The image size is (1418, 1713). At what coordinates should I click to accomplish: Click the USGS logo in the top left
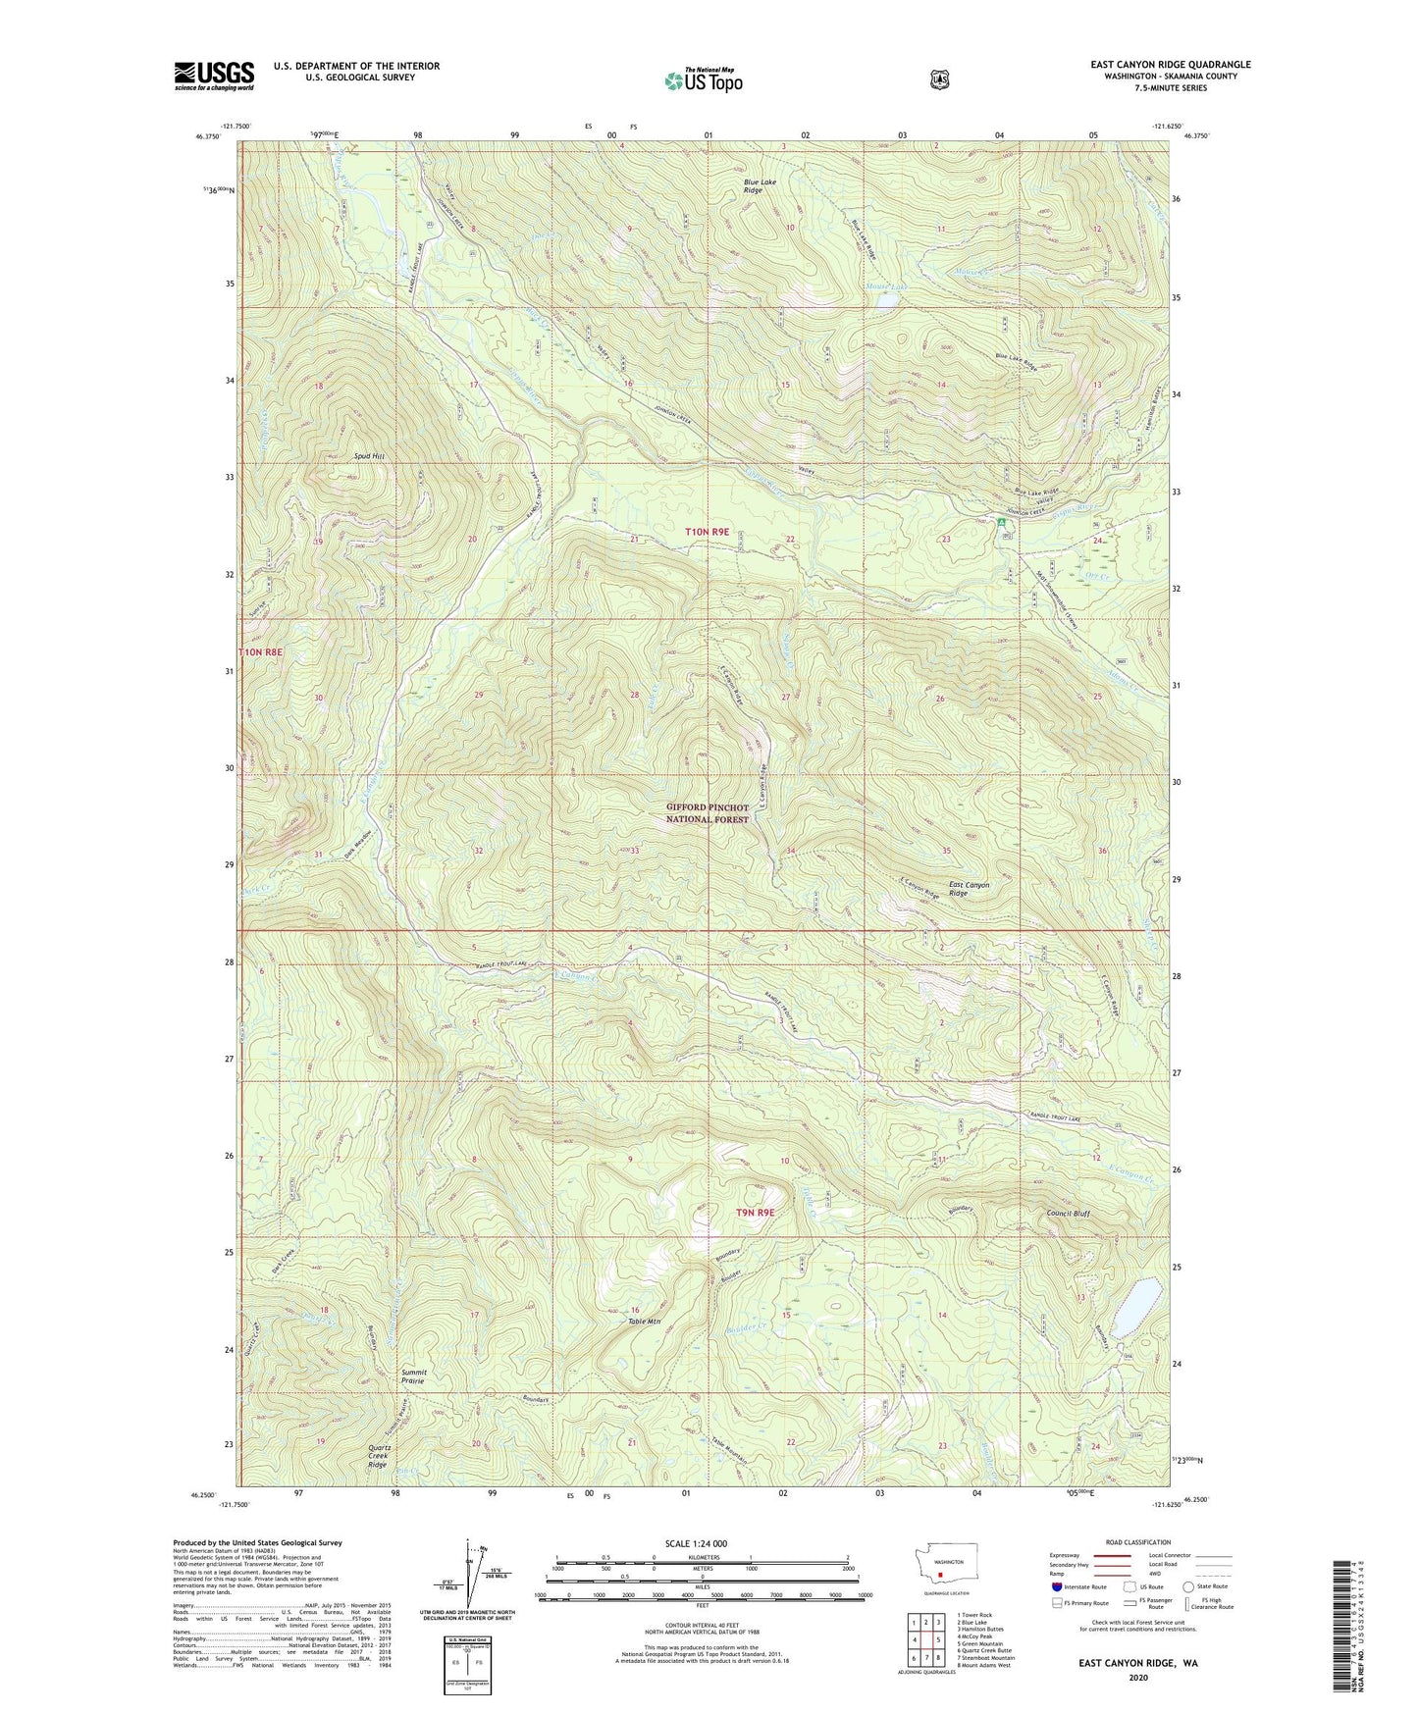click(214, 76)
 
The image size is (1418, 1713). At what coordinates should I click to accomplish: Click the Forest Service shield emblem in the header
click(939, 79)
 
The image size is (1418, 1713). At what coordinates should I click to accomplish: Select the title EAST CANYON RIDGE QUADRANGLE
click(1170, 65)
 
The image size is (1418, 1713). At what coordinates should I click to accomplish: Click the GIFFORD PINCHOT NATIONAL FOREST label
click(707, 813)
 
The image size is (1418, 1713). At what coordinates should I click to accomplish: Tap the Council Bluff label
click(1068, 1213)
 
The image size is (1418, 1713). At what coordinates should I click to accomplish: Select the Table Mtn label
click(648, 1321)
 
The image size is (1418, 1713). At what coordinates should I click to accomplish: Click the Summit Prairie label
click(420, 1378)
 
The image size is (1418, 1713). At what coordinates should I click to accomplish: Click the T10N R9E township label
click(707, 531)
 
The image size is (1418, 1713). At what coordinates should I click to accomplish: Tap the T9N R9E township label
click(756, 1213)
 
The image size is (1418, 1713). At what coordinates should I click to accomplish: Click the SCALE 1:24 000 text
click(696, 1544)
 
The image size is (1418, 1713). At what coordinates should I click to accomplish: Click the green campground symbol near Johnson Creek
click(1002, 523)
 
